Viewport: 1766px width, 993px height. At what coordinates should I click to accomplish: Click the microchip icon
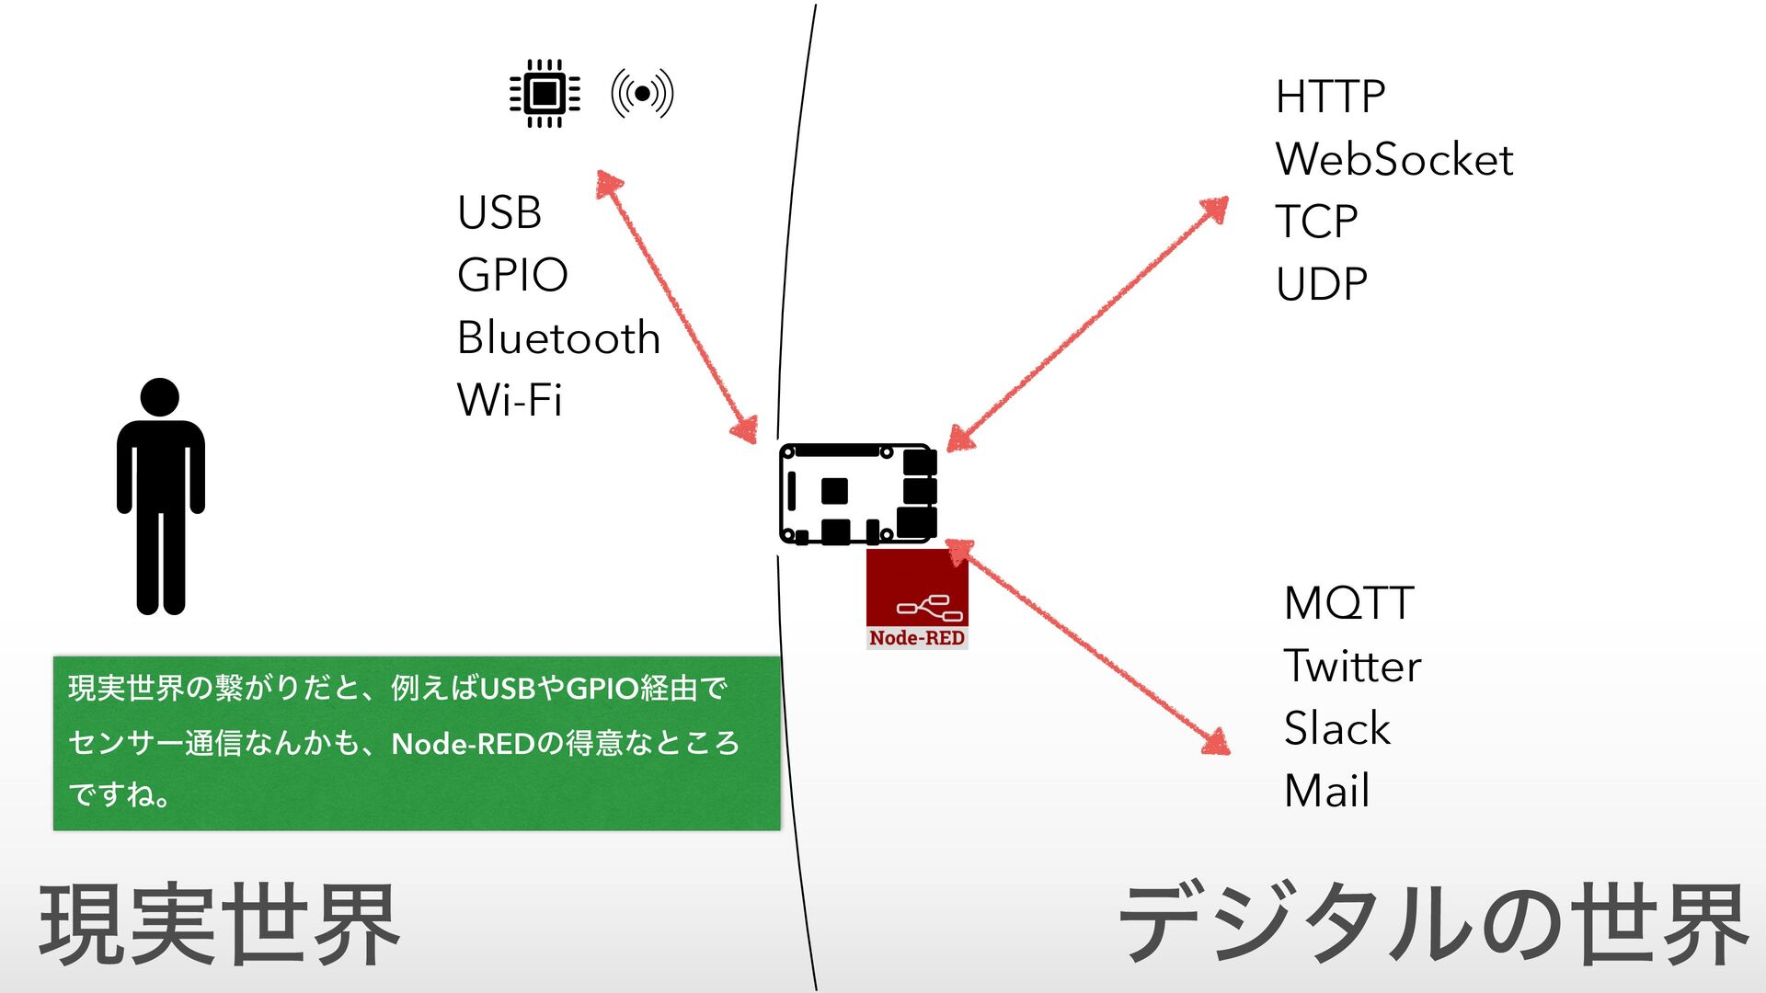(x=545, y=93)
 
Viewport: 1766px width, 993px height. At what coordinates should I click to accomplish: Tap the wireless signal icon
(x=642, y=93)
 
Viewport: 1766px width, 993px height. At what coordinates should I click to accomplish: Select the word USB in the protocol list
(x=499, y=212)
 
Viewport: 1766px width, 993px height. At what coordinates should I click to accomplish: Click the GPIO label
(x=512, y=275)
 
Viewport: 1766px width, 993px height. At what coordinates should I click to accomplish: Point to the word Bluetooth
(x=558, y=337)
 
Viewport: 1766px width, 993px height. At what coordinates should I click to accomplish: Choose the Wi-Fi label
(x=509, y=400)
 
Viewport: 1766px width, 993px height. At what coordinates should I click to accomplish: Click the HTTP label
(x=1330, y=97)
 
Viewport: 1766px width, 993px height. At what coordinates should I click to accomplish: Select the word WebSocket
(x=1393, y=159)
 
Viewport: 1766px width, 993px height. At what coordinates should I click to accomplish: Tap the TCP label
(x=1316, y=222)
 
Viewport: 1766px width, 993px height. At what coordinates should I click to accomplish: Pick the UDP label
(x=1321, y=284)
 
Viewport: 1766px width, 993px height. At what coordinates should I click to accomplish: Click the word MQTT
(x=1348, y=604)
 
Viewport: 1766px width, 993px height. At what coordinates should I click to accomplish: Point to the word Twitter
(x=1352, y=666)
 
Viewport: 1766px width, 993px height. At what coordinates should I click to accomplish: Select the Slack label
(x=1336, y=728)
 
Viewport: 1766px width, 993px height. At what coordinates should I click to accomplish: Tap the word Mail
(x=1326, y=791)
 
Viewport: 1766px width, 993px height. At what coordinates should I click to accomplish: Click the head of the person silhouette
(x=160, y=397)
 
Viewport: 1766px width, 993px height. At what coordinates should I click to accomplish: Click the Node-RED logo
(x=917, y=599)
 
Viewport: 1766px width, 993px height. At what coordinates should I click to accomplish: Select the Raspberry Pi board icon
(x=857, y=494)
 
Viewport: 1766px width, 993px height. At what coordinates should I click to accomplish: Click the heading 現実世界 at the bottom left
(x=219, y=924)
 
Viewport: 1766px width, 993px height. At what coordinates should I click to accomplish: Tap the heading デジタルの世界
(x=1432, y=924)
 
